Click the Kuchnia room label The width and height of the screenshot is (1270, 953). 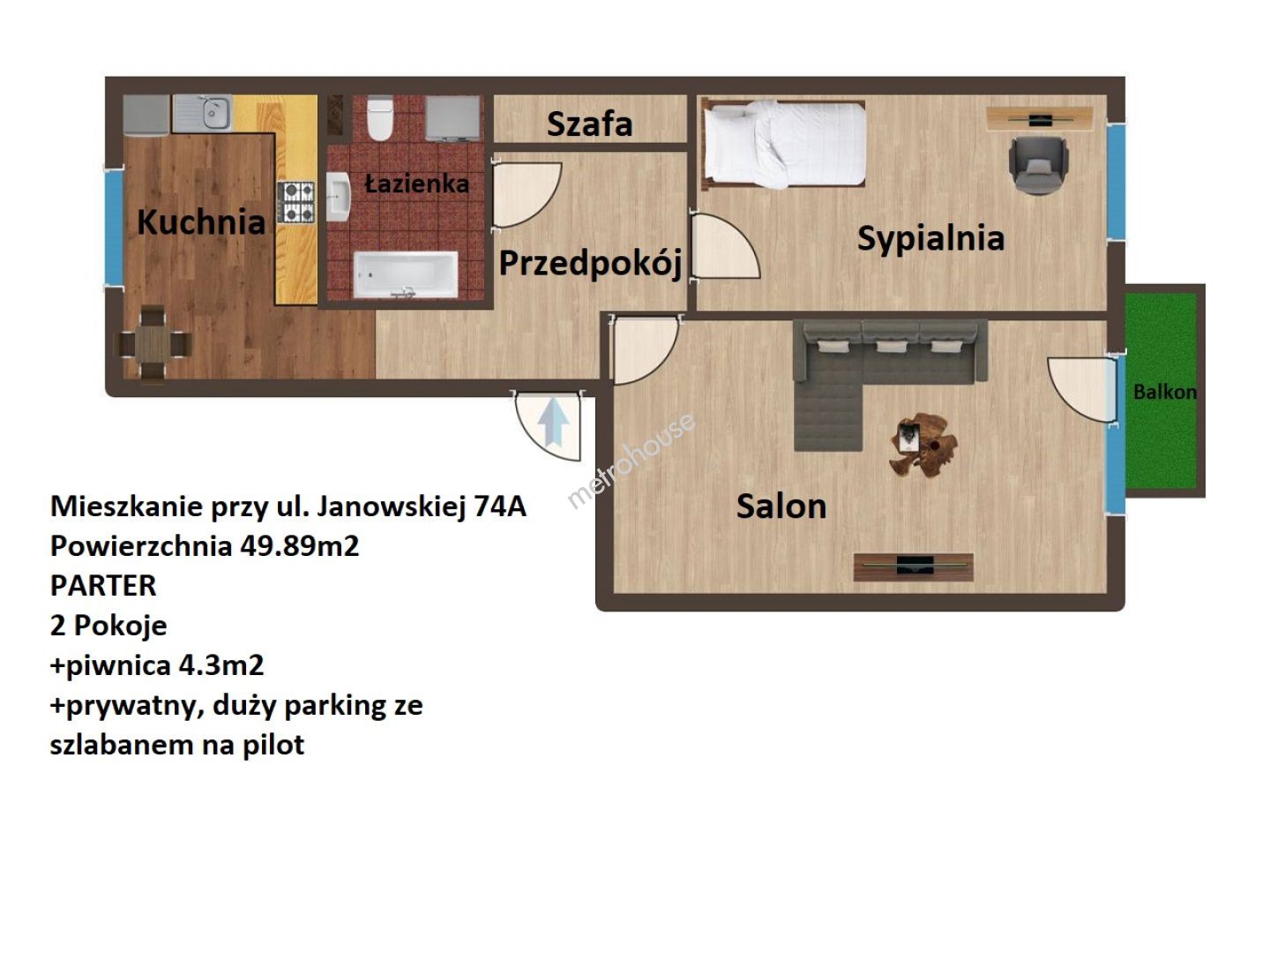point(201,221)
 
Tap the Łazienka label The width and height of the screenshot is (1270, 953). point(416,184)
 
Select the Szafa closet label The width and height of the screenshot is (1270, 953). point(590,124)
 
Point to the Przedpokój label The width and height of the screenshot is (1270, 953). point(590,264)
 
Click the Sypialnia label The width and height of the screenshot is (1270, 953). point(931,238)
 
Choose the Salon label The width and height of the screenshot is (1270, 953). point(781,507)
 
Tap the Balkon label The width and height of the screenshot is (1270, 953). point(1165,393)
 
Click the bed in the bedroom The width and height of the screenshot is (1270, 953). point(783,145)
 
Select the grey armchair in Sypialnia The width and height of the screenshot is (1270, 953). point(1038,166)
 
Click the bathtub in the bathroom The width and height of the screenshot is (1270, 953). point(406,274)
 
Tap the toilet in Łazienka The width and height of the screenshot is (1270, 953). point(380,118)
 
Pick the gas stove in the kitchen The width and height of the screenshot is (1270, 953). point(296,203)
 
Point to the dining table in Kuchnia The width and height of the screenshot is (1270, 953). point(153,345)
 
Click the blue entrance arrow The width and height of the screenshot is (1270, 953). point(554,421)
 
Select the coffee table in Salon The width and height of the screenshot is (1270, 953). point(923,445)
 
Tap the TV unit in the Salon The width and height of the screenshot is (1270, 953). point(914,567)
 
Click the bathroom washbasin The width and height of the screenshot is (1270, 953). point(338,197)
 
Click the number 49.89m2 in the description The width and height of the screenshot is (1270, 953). point(300,545)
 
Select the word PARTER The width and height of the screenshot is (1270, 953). point(103,586)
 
